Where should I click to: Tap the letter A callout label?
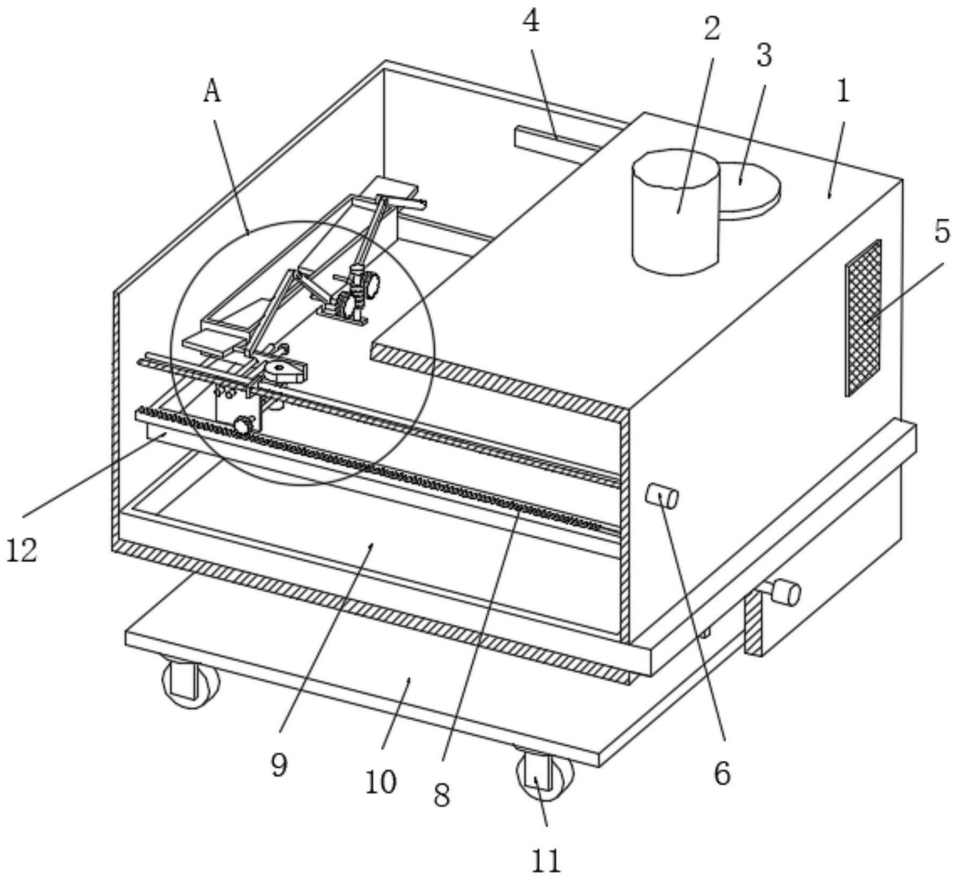click(213, 92)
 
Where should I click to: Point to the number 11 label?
click(546, 861)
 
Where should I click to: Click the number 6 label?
click(722, 774)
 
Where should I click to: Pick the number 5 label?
click(942, 231)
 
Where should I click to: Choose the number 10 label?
click(381, 782)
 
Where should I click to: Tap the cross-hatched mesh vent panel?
click(863, 318)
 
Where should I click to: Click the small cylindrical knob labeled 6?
click(662, 496)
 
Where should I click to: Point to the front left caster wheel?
click(191, 682)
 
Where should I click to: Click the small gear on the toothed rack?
click(243, 425)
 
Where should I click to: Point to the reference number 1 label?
click(843, 92)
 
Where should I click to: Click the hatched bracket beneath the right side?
click(753, 622)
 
